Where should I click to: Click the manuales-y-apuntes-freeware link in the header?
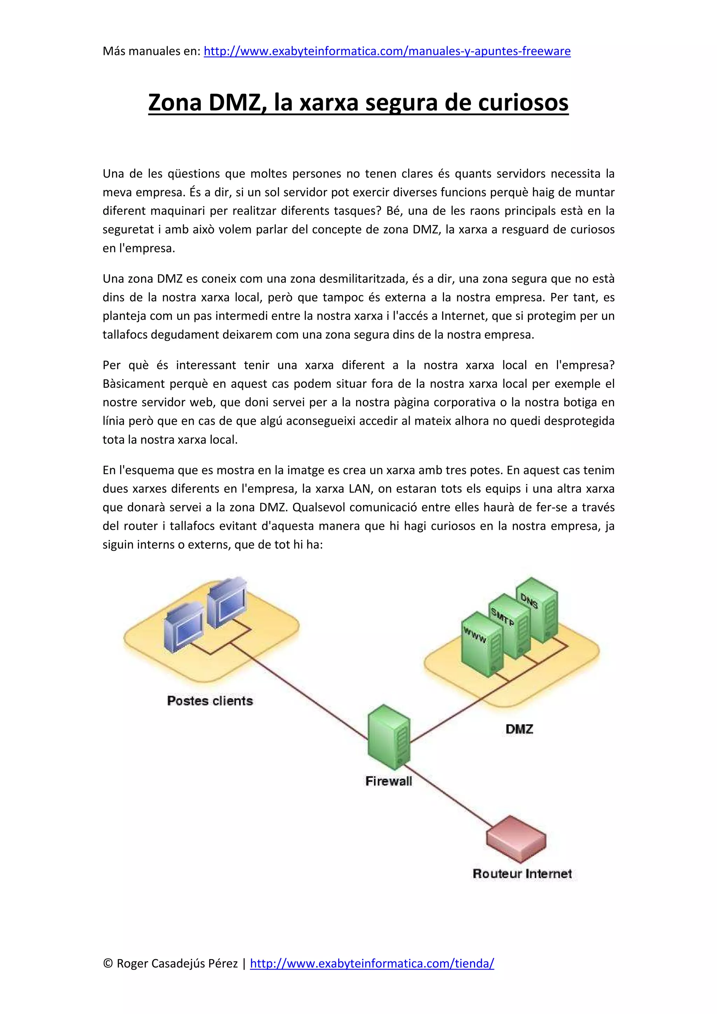[x=387, y=51]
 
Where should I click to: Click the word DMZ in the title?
[x=234, y=102]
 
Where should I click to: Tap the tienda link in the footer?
[x=372, y=963]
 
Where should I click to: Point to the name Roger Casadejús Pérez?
[x=177, y=963]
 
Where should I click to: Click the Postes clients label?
[x=210, y=701]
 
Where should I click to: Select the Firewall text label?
[x=389, y=781]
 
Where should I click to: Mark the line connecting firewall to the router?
[x=451, y=795]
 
